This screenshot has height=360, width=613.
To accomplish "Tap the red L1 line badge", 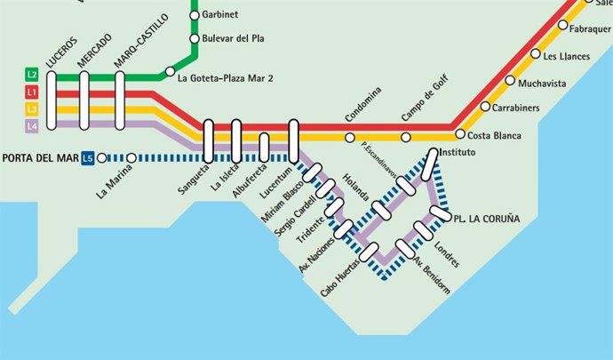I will click(31, 92).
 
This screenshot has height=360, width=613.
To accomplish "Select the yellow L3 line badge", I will click(31, 109).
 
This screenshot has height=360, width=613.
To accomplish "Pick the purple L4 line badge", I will click(31, 126).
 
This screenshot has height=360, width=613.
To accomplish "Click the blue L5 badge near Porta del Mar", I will click(87, 158).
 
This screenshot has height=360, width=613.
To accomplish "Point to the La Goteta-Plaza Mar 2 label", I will click(225, 79).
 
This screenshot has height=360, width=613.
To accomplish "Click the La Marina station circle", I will click(131, 158).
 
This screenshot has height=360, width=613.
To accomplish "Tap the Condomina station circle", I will click(350, 138).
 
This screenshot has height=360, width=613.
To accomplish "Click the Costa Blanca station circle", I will click(460, 134).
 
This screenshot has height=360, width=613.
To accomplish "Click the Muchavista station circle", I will click(510, 81).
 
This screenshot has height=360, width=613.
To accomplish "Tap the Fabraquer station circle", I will click(562, 26).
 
